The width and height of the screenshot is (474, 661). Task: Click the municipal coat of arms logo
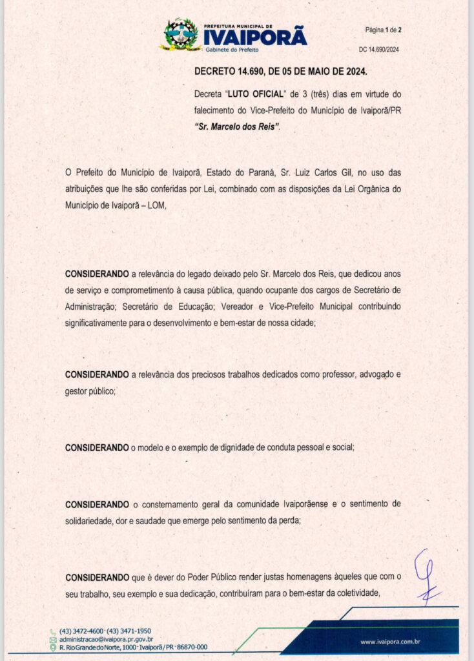pyautogui.click(x=181, y=35)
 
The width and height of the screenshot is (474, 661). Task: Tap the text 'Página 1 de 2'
pyautogui.click(x=384, y=30)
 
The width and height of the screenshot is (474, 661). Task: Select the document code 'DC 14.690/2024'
pyautogui.click(x=380, y=50)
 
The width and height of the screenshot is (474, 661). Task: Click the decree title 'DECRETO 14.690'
pyautogui.click(x=230, y=72)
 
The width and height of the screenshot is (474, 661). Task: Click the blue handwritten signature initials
pyautogui.click(x=427, y=575)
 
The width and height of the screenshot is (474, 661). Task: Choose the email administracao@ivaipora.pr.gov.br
pyautogui.click(x=106, y=638)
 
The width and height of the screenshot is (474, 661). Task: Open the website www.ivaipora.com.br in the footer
pyautogui.click(x=391, y=642)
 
